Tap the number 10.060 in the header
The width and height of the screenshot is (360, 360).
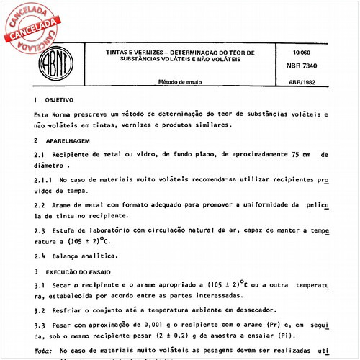click(x=305, y=53)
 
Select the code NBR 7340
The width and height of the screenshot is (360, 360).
click(x=309, y=65)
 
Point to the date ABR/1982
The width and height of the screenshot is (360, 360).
click(x=309, y=82)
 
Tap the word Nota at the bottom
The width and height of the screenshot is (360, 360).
click(x=43, y=349)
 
